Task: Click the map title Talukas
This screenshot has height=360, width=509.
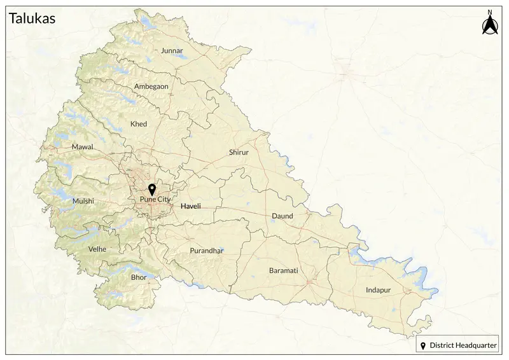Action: click(32, 18)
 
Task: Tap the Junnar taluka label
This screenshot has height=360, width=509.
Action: click(172, 50)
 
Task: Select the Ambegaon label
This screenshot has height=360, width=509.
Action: click(151, 87)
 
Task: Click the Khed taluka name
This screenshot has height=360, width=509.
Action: click(138, 124)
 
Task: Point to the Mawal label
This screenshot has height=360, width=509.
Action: click(82, 147)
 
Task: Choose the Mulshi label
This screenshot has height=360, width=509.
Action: click(83, 201)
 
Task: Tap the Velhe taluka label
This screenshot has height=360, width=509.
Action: click(97, 249)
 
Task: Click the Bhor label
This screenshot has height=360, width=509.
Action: click(138, 278)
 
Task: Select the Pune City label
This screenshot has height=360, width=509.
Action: click(155, 200)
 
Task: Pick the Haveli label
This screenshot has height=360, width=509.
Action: click(191, 207)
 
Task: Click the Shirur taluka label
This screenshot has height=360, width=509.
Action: click(239, 153)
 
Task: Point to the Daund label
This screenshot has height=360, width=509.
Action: click(282, 216)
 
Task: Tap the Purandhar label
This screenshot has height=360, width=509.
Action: click(207, 251)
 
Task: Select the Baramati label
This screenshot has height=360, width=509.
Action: click(283, 270)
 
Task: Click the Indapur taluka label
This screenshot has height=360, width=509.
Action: click(378, 290)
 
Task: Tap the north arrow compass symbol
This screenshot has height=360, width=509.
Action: click(490, 26)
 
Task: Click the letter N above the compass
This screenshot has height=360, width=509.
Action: click(490, 12)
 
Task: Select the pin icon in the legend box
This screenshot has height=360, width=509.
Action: click(423, 345)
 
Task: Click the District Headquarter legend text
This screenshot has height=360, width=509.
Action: click(463, 345)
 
